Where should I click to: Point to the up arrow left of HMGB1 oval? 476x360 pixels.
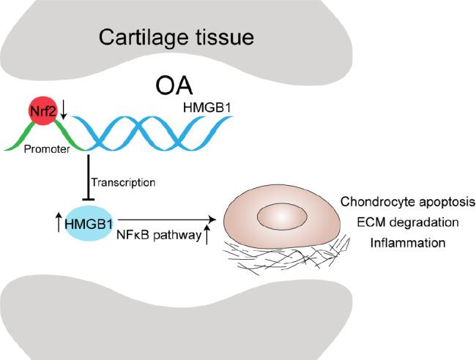click(59, 220)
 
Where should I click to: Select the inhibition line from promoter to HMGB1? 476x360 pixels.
click(89, 176)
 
